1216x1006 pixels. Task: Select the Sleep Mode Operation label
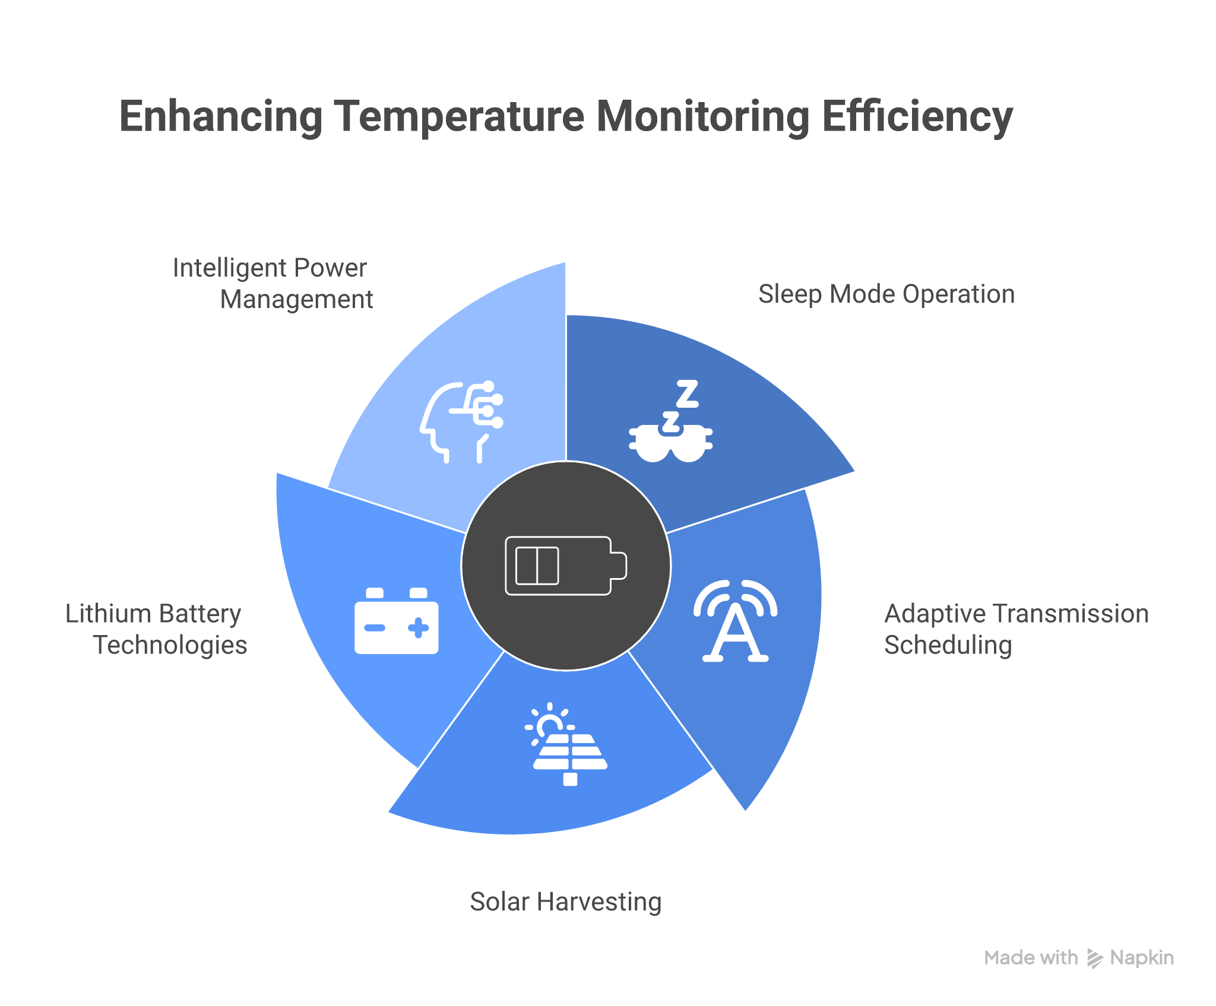coord(886,294)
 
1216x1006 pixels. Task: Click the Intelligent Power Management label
coord(273,284)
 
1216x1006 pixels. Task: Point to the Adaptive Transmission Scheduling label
coord(1016,629)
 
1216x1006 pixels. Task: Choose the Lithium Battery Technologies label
coord(156,629)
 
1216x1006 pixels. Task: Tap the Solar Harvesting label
coord(566,902)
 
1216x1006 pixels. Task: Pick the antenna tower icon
coord(735,621)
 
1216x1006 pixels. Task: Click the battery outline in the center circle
coord(565,566)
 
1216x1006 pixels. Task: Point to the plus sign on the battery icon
coord(419,628)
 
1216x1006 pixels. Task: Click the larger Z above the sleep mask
coord(687,393)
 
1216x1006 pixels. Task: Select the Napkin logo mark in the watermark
coord(1094,958)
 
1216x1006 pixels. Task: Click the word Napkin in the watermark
coord(1142,958)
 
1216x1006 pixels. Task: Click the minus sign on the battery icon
coord(375,628)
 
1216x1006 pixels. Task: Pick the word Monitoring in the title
coord(702,117)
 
